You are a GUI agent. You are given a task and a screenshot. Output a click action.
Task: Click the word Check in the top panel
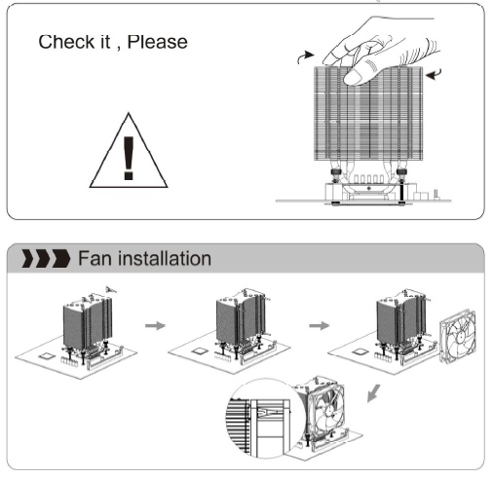pyautogui.click(x=66, y=42)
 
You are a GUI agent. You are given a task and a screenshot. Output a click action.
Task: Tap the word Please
pyautogui.click(x=158, y=42)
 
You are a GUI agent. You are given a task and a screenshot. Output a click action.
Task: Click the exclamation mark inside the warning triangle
pyautogui.click(x=129, y=158)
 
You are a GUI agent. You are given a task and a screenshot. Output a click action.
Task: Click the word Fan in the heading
pyautogui.click(x=95, y=259)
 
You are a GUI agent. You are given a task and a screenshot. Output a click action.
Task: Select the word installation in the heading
pyautogui.click(x=165, y=259)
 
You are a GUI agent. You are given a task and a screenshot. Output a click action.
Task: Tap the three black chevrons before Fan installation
pyautogui.click(x=46, y=259)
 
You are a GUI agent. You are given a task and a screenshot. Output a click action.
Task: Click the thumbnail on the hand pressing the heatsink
pyautogui.click(x=353, y=77)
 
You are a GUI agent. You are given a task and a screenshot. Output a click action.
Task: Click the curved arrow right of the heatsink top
pyautogui.click(x=435, y=75)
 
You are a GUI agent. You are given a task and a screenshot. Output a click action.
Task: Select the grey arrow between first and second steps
pyautogui.click(x=155, y=325)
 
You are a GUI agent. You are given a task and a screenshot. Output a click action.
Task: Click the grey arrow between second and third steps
pyautogui.click(x=320, y=325)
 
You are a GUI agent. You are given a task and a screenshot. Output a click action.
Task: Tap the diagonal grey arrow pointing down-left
pyautogui.click(x=373, y=393)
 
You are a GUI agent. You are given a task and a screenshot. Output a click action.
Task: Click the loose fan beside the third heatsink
pyautogui.click(x=457, y=337)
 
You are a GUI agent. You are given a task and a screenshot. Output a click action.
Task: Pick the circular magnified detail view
pyautogui.click(x=264, y=419)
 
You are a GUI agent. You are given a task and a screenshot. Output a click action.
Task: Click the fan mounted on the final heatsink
pyautogui.click(x=324, y=410)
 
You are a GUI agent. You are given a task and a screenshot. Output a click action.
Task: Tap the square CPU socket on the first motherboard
pyautogui.click(x=47, y=355)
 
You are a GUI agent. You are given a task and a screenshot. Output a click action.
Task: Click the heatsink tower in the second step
pyautogui.click(x=241, y=318)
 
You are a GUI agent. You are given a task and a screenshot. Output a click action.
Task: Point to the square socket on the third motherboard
pyautogui.click(x=360, y=351)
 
